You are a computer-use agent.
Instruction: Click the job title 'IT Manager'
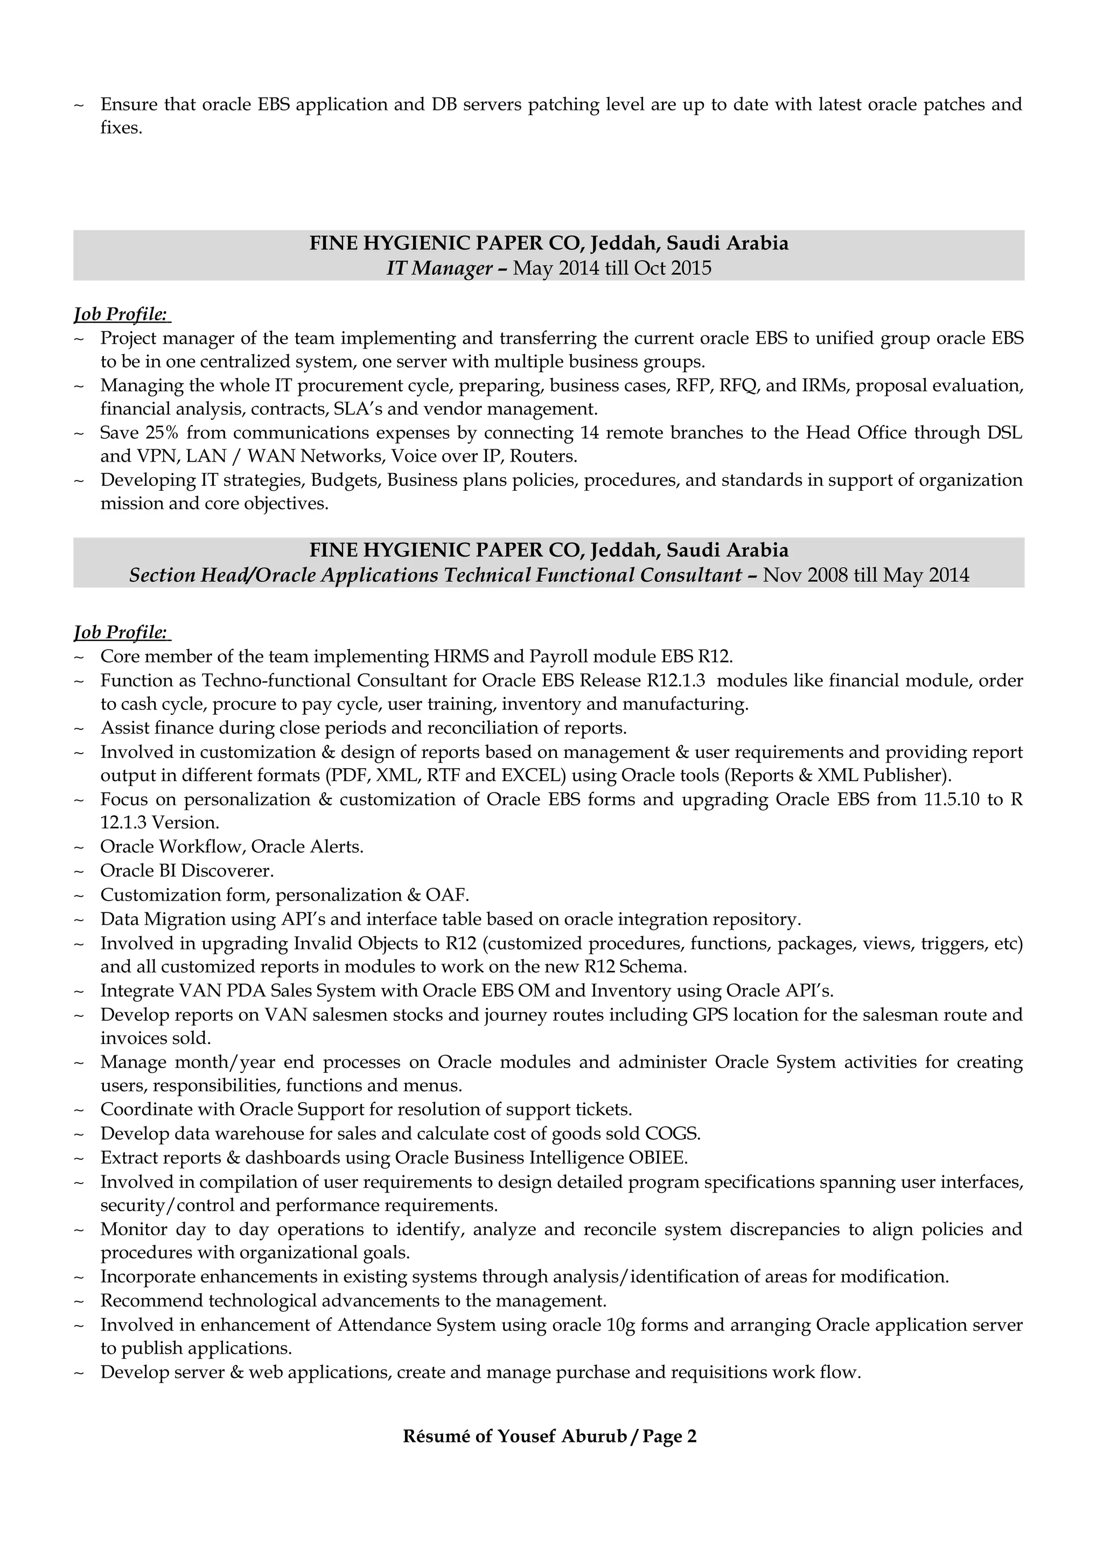coord(439,269)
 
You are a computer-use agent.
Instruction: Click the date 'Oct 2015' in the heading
coord(672,269)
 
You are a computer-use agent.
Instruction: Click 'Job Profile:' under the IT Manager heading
coord(121,314)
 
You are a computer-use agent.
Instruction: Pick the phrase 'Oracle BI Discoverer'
coord(187,870)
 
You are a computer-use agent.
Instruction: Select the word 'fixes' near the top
coord(120,128)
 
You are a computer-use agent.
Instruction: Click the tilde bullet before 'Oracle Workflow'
coord(78,847)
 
